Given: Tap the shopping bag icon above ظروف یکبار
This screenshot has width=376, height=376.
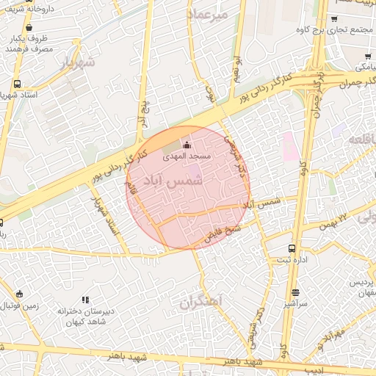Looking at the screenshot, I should click(29, 26).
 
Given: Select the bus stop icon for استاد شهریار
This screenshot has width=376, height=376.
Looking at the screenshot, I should click(16, 84).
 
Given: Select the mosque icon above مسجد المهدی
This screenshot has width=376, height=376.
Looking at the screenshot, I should click(186, 143).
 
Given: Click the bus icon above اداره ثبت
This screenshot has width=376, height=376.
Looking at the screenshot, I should click(293, 248).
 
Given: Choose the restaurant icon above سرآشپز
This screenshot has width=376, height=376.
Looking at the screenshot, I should click(294, 292).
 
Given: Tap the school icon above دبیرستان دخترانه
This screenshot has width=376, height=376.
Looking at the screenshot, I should click(86, 300).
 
